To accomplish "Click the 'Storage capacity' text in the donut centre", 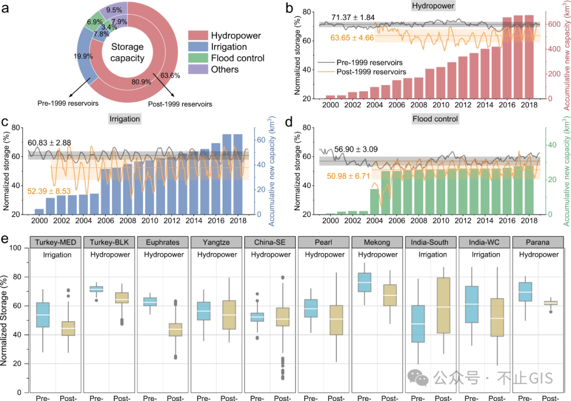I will pos(127,53).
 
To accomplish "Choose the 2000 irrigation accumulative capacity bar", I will pos(39,211).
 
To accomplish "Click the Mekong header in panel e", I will pos(377,242).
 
